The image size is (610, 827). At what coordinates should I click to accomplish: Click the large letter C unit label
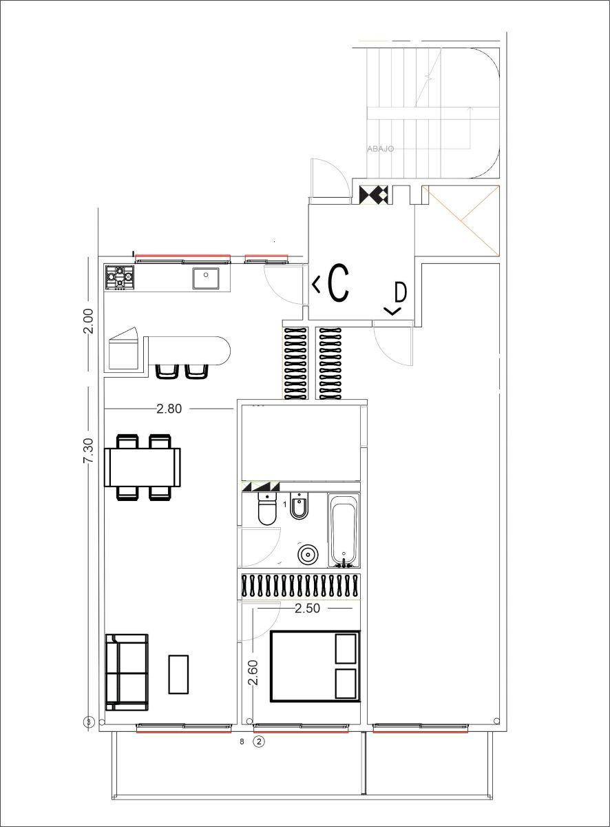339,283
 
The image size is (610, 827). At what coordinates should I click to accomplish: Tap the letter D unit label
400,292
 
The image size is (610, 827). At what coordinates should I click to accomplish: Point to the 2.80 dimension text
169,409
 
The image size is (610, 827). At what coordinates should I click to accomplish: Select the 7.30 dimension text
88,451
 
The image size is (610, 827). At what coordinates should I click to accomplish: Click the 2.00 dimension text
88,321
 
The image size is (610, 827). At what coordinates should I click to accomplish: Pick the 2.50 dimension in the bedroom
308,608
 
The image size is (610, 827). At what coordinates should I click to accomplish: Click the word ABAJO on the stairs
381,149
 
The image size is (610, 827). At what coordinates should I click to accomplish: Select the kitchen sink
206,278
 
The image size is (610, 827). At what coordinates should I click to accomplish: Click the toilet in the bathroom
267,509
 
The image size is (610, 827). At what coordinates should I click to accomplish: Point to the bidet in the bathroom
299,506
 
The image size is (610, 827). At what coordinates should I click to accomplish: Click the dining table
143,467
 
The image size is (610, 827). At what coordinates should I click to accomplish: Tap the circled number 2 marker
259,742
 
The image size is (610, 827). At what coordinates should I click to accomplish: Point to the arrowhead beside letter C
316,285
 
